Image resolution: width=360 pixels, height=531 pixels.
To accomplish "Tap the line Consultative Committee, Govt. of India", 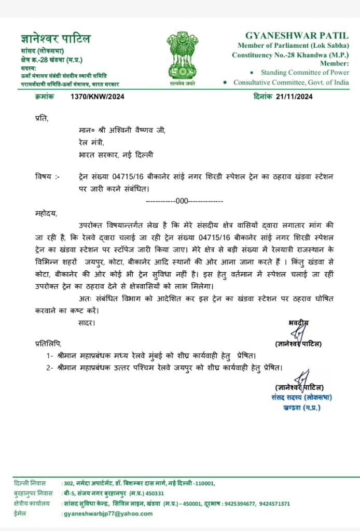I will [291, 82].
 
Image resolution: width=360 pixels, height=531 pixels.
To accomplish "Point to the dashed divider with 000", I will [185, 200].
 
